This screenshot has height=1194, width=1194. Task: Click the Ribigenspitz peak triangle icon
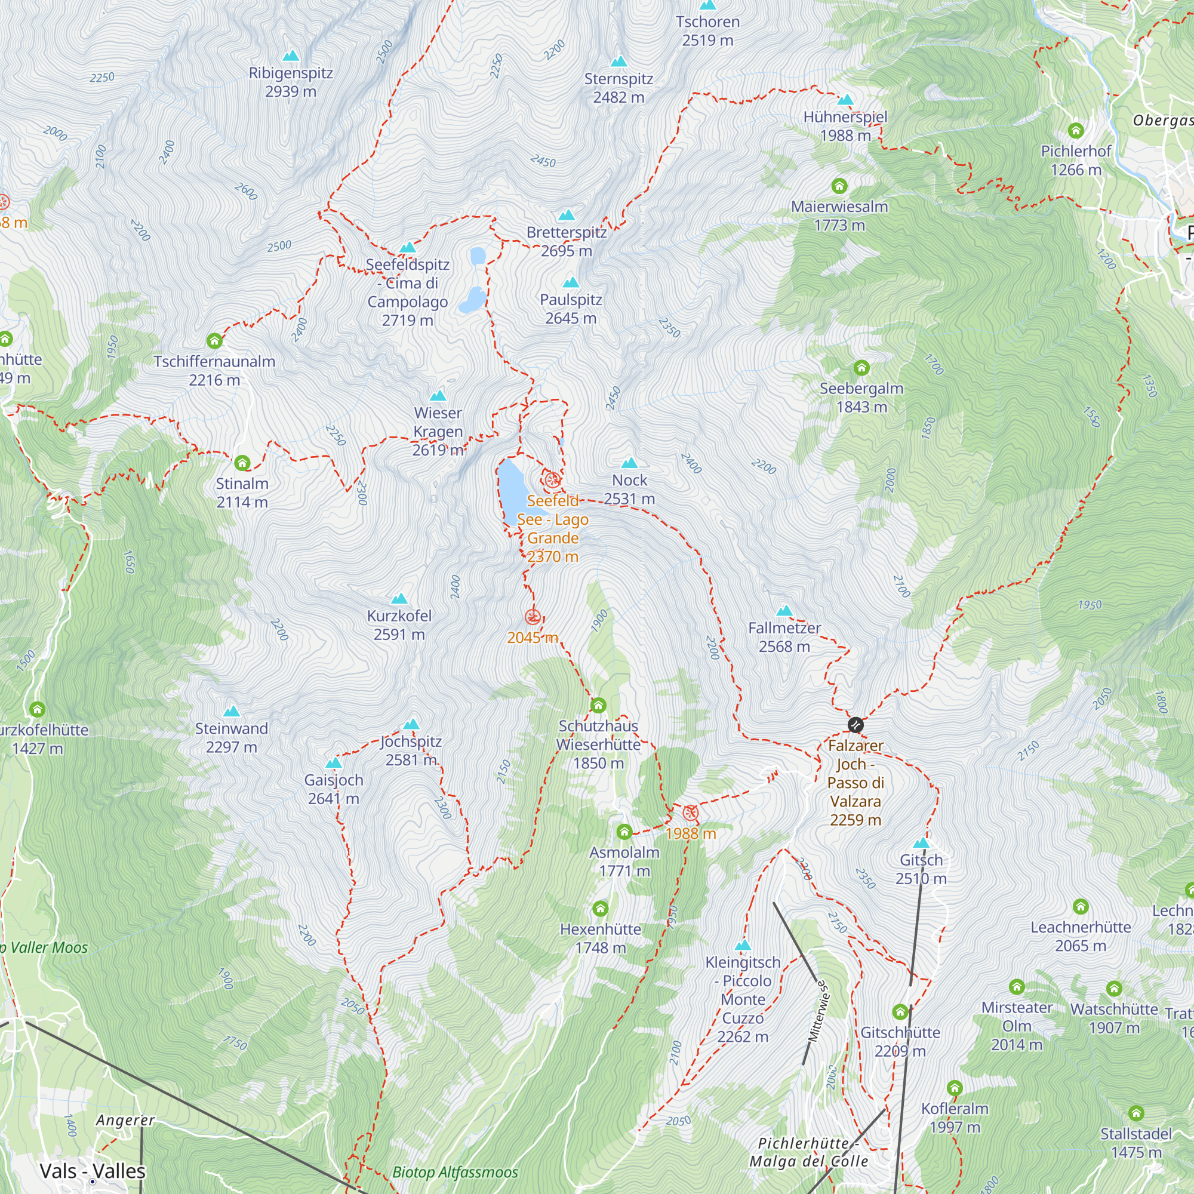(291, 56)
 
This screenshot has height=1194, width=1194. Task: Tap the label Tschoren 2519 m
(707, 31)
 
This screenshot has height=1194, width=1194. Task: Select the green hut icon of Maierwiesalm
(839, 186)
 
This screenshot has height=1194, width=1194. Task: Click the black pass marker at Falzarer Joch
(856, 724)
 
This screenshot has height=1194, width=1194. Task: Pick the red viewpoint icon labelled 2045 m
(533, 617)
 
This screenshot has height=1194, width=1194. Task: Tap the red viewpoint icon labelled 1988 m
(690, 813)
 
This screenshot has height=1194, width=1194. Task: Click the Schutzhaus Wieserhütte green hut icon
(598, 705)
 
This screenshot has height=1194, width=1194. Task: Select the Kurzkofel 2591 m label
(399, 625)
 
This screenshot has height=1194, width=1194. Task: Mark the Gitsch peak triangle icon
(921, 843)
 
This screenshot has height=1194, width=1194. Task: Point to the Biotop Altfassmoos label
(456, 1172)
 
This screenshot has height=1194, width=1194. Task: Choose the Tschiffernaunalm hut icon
(214, 340)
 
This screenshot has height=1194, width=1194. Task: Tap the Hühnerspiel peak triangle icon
(845, 100)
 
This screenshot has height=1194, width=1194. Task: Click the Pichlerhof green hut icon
(1076, 130)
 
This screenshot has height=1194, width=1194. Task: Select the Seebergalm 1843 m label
(861, 398)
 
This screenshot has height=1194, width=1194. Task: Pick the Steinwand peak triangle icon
(232, 712)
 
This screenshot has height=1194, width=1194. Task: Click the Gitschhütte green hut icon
(900, 1012)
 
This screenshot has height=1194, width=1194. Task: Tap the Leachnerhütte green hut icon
(1081, 907)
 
